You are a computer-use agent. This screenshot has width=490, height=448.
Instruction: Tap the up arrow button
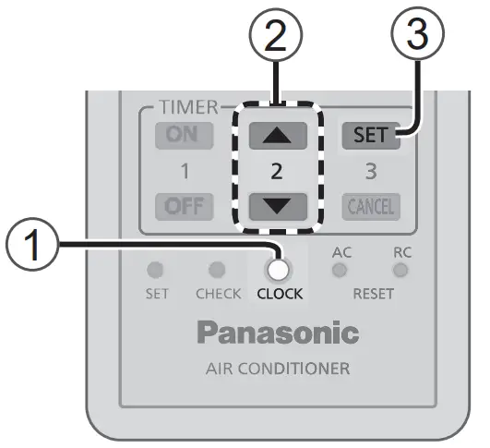coord(277,137)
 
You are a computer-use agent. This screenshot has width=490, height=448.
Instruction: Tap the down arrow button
coord(277,204)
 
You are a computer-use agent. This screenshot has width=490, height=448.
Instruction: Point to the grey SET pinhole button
coord(157,270)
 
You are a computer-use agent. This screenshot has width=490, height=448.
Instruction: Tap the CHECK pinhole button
coord(218,270)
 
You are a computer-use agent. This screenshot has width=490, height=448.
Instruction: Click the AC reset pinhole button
coord(341,270)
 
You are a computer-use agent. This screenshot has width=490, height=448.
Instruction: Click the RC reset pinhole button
coord(400,270)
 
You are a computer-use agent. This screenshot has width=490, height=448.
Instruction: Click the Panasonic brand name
coord(278,333)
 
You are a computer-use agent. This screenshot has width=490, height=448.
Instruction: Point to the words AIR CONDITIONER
coord(278,369)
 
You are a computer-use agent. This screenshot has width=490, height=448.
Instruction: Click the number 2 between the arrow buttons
coord(277,171)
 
